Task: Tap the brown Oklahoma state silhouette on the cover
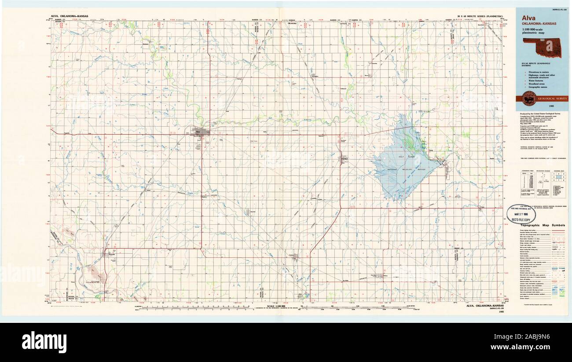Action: (542, 47)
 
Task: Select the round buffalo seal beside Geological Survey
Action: (528, 99)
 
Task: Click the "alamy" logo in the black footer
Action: (44, 342)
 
